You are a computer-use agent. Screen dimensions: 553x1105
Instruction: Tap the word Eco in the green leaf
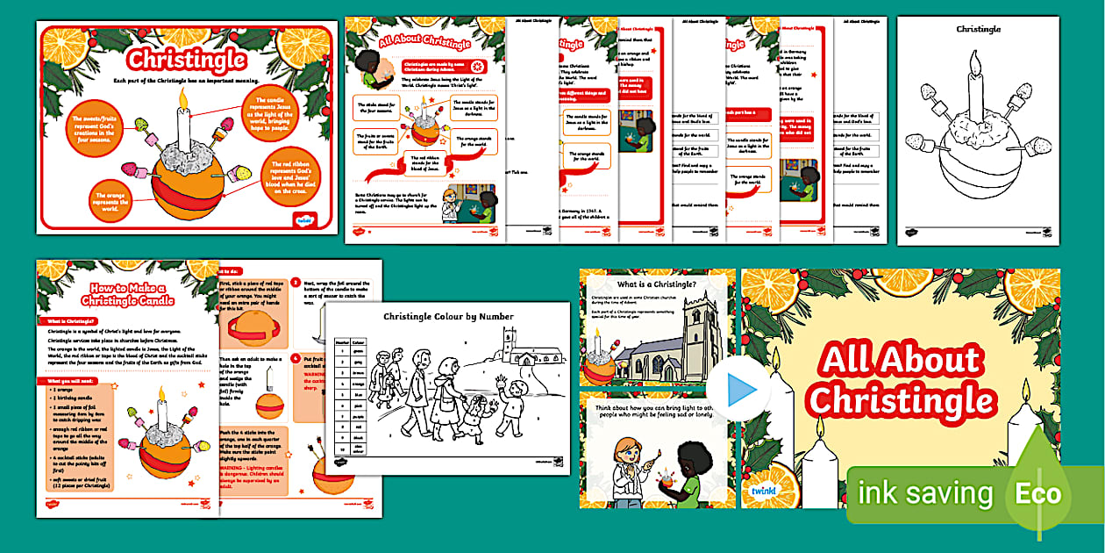(1038, 493)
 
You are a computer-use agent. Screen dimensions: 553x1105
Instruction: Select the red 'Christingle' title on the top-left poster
(185, 60)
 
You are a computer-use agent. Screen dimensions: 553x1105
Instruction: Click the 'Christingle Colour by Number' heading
(448, 317)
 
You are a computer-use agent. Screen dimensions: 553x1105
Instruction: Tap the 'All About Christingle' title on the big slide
(901, 379)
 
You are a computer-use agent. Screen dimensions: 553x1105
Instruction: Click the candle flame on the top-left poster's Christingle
(184, 97)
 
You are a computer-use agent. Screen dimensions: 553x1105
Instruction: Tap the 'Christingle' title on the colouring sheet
(978, 29)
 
